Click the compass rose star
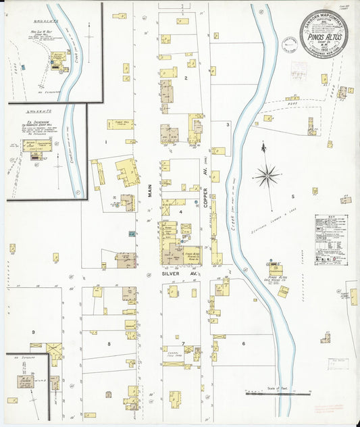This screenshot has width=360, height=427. pyautogui.click(x=267, y=176)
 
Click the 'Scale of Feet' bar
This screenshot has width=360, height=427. pyautogui.click(x=278, y=393)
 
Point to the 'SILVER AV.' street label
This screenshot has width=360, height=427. pyautogui.click(x=174, y=274)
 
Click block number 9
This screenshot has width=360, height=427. pyautogui.click(x=32, y=332)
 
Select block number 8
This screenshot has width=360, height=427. pyautogui.click(x=108, y=344)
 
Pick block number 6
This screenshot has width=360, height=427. pyautogui.click(x=242, y=343)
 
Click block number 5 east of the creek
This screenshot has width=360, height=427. pyautogui.click(x=292, y=197)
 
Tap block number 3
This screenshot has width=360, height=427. pyautogui.click(x=228, y=124)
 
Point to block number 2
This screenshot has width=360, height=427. pyautogui.click(x=185, y=78)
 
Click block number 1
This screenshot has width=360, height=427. pyautogui.click(x=105, y=142)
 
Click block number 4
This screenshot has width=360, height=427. pyautogui.click(x=180, y=211)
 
